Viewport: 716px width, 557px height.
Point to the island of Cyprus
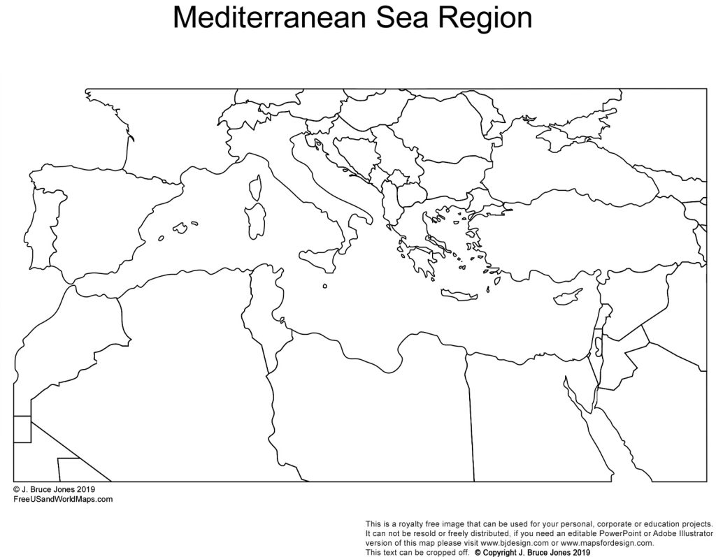point(567,296)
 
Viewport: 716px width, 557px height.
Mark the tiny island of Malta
point(325,285)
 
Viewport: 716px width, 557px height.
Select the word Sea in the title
point(413,18)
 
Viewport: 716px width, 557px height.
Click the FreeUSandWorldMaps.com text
point(62,499)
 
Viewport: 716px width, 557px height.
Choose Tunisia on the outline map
point(263,308)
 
